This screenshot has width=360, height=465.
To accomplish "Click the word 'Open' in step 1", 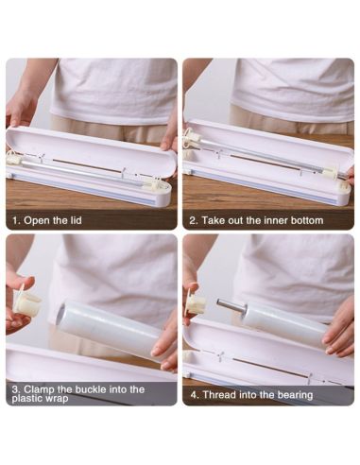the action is (37, 220).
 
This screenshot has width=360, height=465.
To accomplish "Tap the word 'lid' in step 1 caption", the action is (76, 220).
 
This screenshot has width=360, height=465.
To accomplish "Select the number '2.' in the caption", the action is (194, 220).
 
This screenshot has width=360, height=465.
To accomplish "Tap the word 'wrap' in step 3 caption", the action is (57, 399).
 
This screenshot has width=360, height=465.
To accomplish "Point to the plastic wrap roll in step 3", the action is (111, 328).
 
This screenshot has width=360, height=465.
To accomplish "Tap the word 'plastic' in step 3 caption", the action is (27, 399).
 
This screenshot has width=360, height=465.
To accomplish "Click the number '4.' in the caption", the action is (195, 395).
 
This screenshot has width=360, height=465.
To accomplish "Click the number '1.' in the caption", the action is (16, 220).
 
